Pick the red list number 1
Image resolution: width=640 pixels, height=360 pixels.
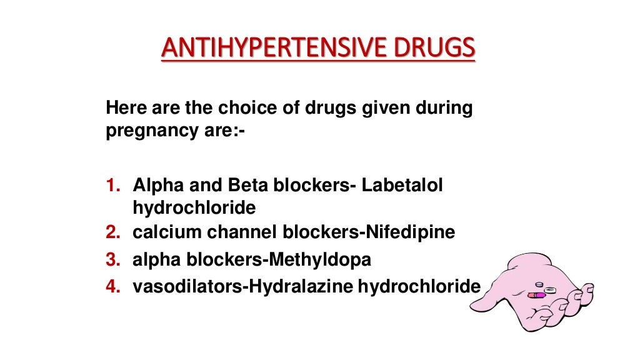112,186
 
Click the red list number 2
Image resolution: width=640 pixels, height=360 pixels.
112,232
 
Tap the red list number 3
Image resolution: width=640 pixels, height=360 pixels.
112,260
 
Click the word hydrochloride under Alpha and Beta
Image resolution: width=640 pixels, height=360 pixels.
194,207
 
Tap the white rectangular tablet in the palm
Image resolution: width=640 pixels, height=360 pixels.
550,290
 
